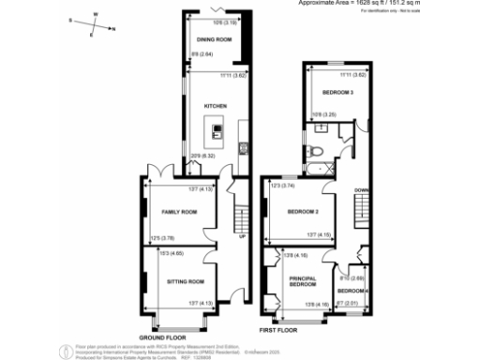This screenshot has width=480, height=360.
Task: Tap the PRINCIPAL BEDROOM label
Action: pos(302,281)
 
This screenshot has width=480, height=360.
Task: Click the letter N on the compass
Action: pos(113,30)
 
